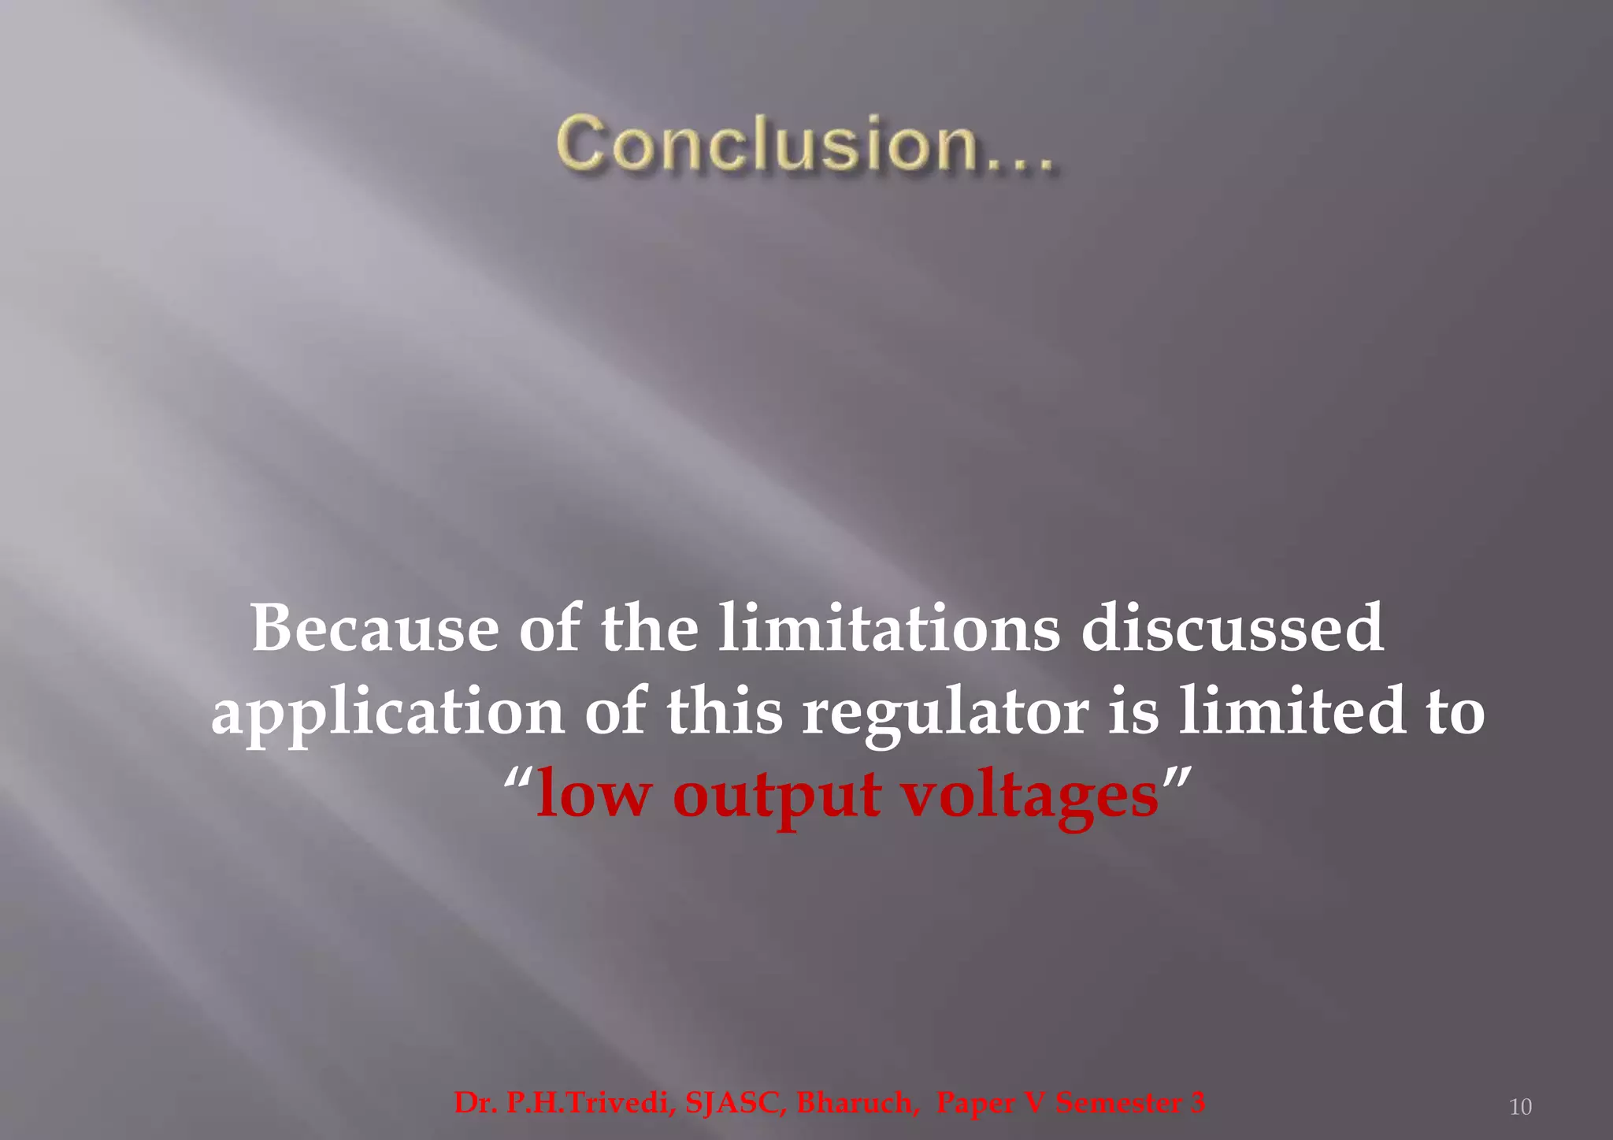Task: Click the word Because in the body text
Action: pyautogui.click(x=375, y=628)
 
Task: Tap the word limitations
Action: pyautogui.click(x=889, y=628)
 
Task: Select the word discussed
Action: pyautogui.click(x=1232, y=628)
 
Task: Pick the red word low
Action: pyautogui.click(x=593, y=794)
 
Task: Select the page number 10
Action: pyautogui.click(x=1520, y=1107)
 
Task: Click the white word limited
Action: pyautogui.click(x=1292, y=711)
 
